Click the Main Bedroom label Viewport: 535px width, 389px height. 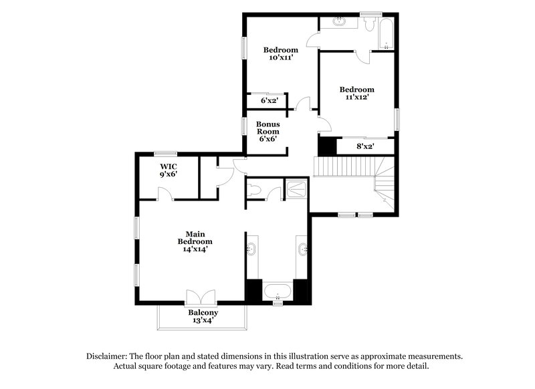pos(195,241)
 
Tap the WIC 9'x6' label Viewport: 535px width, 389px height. pos(168,170)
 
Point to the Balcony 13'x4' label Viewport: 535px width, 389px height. pos(203,316)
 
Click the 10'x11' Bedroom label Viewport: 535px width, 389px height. pos(280,53)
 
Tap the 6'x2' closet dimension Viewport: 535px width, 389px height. pos(269,101)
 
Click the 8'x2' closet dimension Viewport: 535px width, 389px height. pos(365,146)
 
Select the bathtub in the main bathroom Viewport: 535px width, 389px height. pos(277,291)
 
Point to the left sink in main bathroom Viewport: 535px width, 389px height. pos(251,251)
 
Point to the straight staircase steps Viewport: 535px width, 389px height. pos(342,166)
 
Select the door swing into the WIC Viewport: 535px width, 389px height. pos(164,194)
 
